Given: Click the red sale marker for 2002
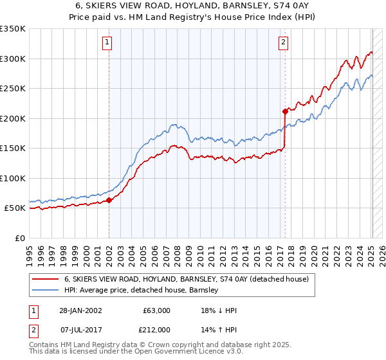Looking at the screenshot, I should [109, 200].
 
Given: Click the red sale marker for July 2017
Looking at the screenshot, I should [284, 111].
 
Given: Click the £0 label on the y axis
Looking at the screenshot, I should [21, 238].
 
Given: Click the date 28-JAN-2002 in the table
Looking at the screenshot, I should [80, 310].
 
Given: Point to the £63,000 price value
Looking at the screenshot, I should [157, 310].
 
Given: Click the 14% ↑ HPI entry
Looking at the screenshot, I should [220, 330].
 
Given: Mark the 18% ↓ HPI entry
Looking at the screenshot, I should [220, 310].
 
